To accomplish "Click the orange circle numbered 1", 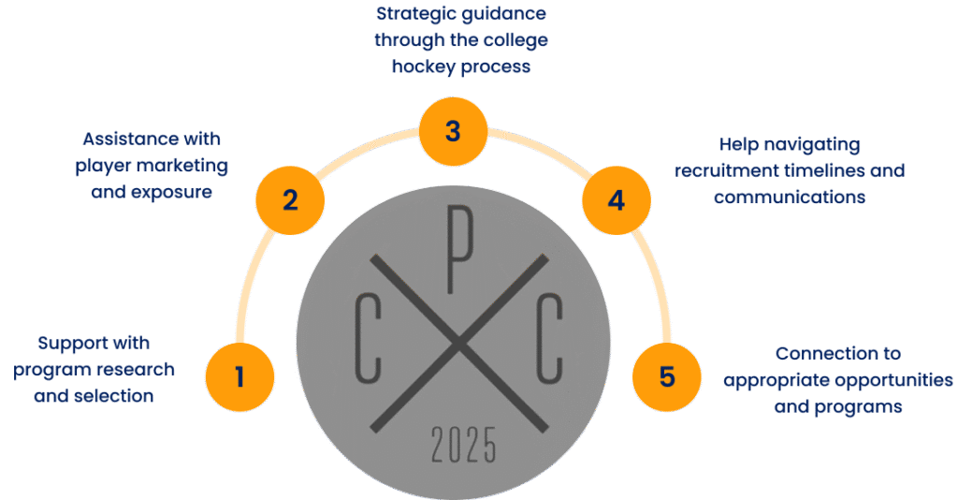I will point(239,377).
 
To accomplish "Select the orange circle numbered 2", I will point(290,199).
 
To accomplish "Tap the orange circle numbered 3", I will point(453,131).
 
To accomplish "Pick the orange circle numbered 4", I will point(616,200).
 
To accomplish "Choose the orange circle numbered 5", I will point(666,377).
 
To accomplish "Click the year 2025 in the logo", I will point(463,446).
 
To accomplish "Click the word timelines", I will point(823,171).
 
